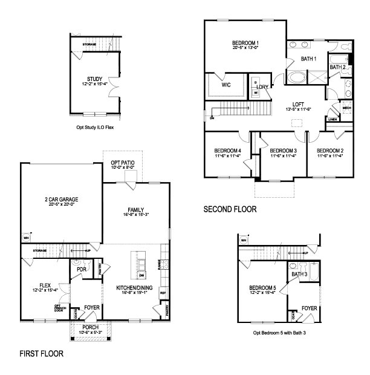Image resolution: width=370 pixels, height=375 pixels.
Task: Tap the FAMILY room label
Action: (135, 209)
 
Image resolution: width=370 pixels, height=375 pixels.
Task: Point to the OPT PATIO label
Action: (123, 163)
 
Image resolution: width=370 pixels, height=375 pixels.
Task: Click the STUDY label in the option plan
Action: (94, 79)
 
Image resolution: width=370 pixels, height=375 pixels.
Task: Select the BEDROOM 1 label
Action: (245, 43)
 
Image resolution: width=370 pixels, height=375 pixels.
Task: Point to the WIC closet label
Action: (226, 85)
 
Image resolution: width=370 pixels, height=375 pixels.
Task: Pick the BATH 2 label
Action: (337, 67)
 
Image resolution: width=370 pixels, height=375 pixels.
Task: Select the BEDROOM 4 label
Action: (227, 151)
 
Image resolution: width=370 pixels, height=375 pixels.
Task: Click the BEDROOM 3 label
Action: (282, 151)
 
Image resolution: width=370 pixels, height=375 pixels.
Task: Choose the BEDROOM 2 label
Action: (330, 151)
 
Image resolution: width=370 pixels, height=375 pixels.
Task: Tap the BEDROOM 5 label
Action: (262, 288)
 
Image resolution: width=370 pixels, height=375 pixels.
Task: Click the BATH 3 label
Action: (299, 275)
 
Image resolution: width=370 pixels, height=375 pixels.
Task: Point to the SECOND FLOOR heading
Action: (230, 209)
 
